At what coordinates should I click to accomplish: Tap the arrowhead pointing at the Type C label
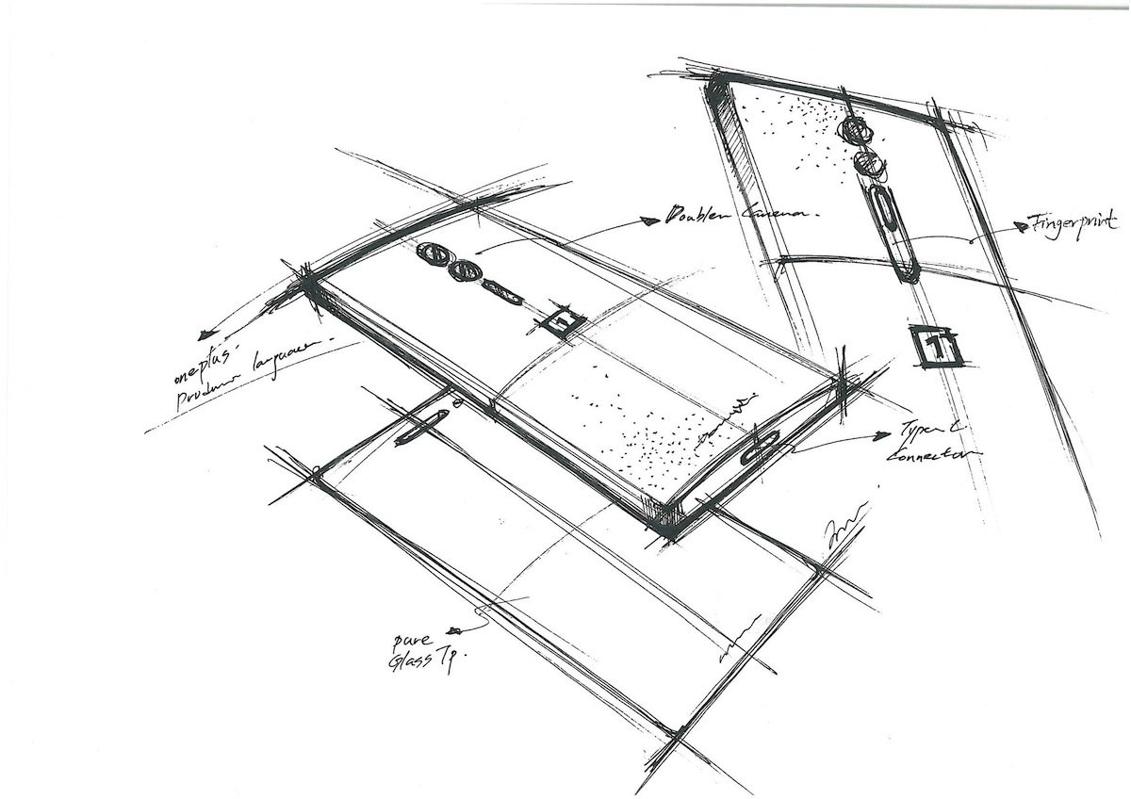pos(882,434)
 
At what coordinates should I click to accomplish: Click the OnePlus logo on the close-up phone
pos(933,346)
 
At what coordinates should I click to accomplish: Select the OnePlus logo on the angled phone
pos(563,321)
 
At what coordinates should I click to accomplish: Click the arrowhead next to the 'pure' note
pos(456,629)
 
